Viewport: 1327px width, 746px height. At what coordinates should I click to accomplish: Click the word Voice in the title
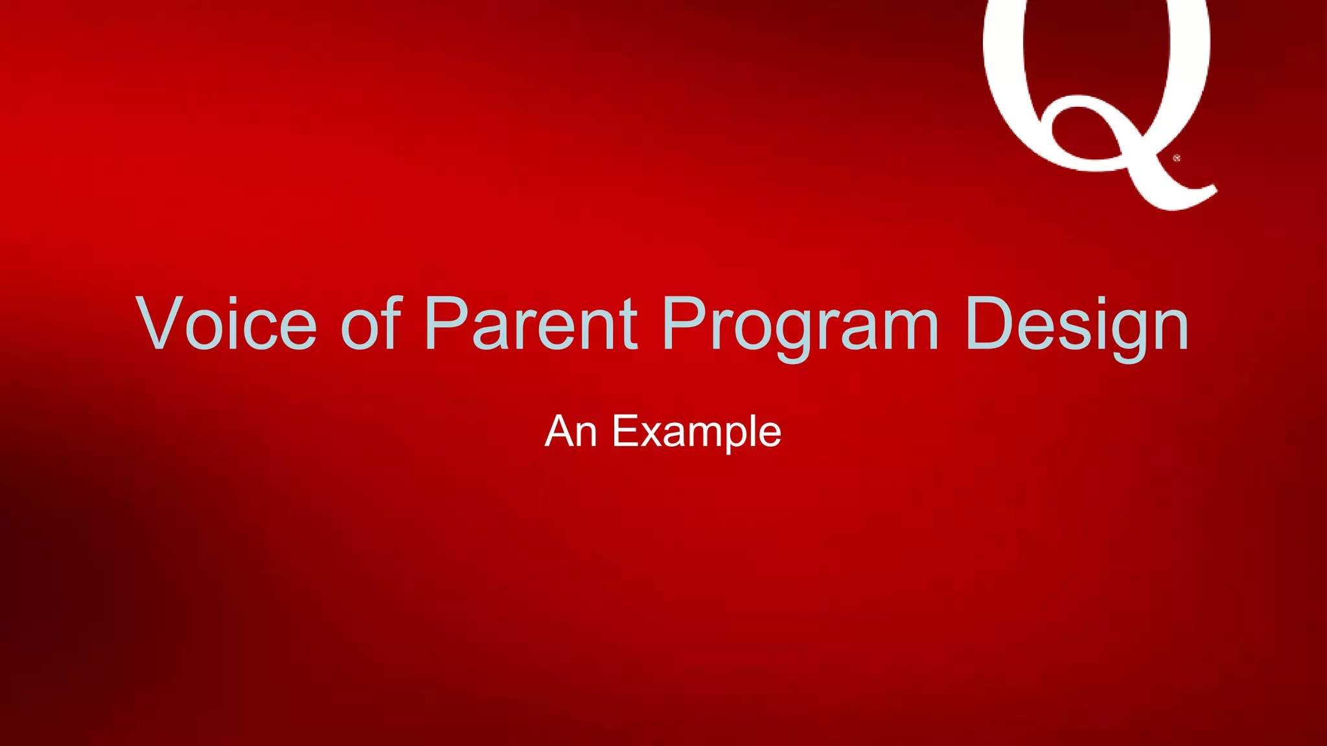227,324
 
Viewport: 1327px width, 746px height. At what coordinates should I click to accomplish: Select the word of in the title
371,324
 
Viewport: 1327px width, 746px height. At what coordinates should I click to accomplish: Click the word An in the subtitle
570,431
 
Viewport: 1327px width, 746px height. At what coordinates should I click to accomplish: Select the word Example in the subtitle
697,433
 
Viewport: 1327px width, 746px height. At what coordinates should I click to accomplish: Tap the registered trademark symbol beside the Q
1177,158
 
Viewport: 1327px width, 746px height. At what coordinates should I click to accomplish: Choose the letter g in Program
792,333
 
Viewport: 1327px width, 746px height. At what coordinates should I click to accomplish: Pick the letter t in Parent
627,324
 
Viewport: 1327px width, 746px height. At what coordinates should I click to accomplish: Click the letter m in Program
905,330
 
